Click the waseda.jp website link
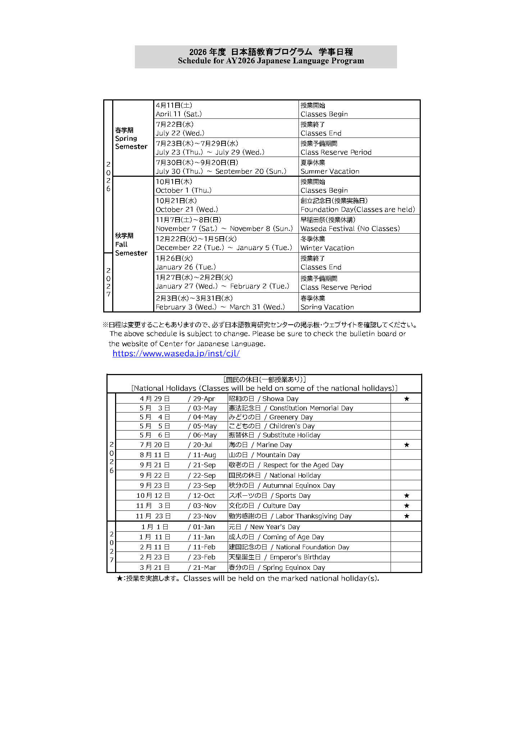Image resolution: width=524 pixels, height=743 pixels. [176, 354]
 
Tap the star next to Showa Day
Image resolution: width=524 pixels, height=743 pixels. [406, 398]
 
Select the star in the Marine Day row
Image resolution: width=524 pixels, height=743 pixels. [406, 445]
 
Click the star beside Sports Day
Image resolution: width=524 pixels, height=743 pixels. [406, 495]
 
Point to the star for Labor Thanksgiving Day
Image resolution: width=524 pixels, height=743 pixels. [406, 516]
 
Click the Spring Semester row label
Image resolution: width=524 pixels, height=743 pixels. [131, 138]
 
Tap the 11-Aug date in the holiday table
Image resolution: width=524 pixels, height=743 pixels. [204, 455]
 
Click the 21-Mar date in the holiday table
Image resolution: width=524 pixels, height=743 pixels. [204, 567]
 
